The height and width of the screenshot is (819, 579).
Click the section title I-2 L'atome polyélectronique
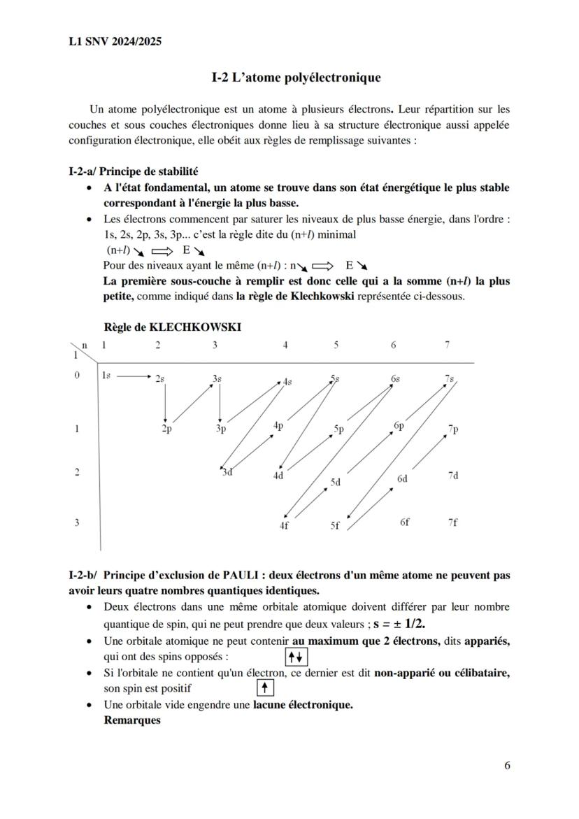[296, 78]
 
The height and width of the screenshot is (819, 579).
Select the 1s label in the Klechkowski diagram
[106, 376]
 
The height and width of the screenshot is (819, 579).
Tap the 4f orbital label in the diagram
[284, 526]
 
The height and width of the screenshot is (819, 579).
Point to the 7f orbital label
[452, 522]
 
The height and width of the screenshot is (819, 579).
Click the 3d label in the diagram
[227, 472]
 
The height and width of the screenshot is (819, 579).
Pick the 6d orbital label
[402, 479]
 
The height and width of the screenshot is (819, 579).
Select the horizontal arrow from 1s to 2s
[134, 376]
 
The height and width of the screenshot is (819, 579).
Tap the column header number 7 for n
[447, 345]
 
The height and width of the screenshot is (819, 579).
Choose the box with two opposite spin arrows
[296, 657]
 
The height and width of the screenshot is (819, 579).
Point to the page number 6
[506, 765]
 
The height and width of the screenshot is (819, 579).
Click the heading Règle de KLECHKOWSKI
[172, 327]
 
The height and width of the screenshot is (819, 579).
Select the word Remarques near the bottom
[132, 720]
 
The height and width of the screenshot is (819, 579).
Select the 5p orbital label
[339, 429]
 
